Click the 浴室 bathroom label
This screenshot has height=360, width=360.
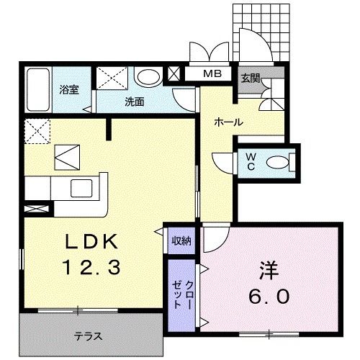(69, 90)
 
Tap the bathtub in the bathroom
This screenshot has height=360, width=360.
(38, 90)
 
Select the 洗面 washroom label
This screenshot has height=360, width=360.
(135, 102)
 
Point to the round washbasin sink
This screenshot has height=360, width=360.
(148, 77)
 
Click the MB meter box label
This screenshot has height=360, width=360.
(212, 73)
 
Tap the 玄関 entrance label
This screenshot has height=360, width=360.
(251, 78)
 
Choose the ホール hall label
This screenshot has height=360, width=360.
(229, 122)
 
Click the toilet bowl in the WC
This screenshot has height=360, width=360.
(277, 163)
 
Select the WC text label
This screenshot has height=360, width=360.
(251, 162)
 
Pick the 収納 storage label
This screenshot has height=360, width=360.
(182, 241)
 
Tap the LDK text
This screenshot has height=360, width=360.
(92, 241)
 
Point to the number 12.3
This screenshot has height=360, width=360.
(91, 268)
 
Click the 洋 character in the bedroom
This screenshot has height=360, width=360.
(269, 271)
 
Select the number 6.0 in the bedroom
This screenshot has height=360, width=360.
(269, 296)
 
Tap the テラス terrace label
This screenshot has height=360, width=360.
(88, 336)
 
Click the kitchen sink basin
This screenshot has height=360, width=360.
(81, 188)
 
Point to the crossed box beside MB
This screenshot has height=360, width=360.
(174, 73)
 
